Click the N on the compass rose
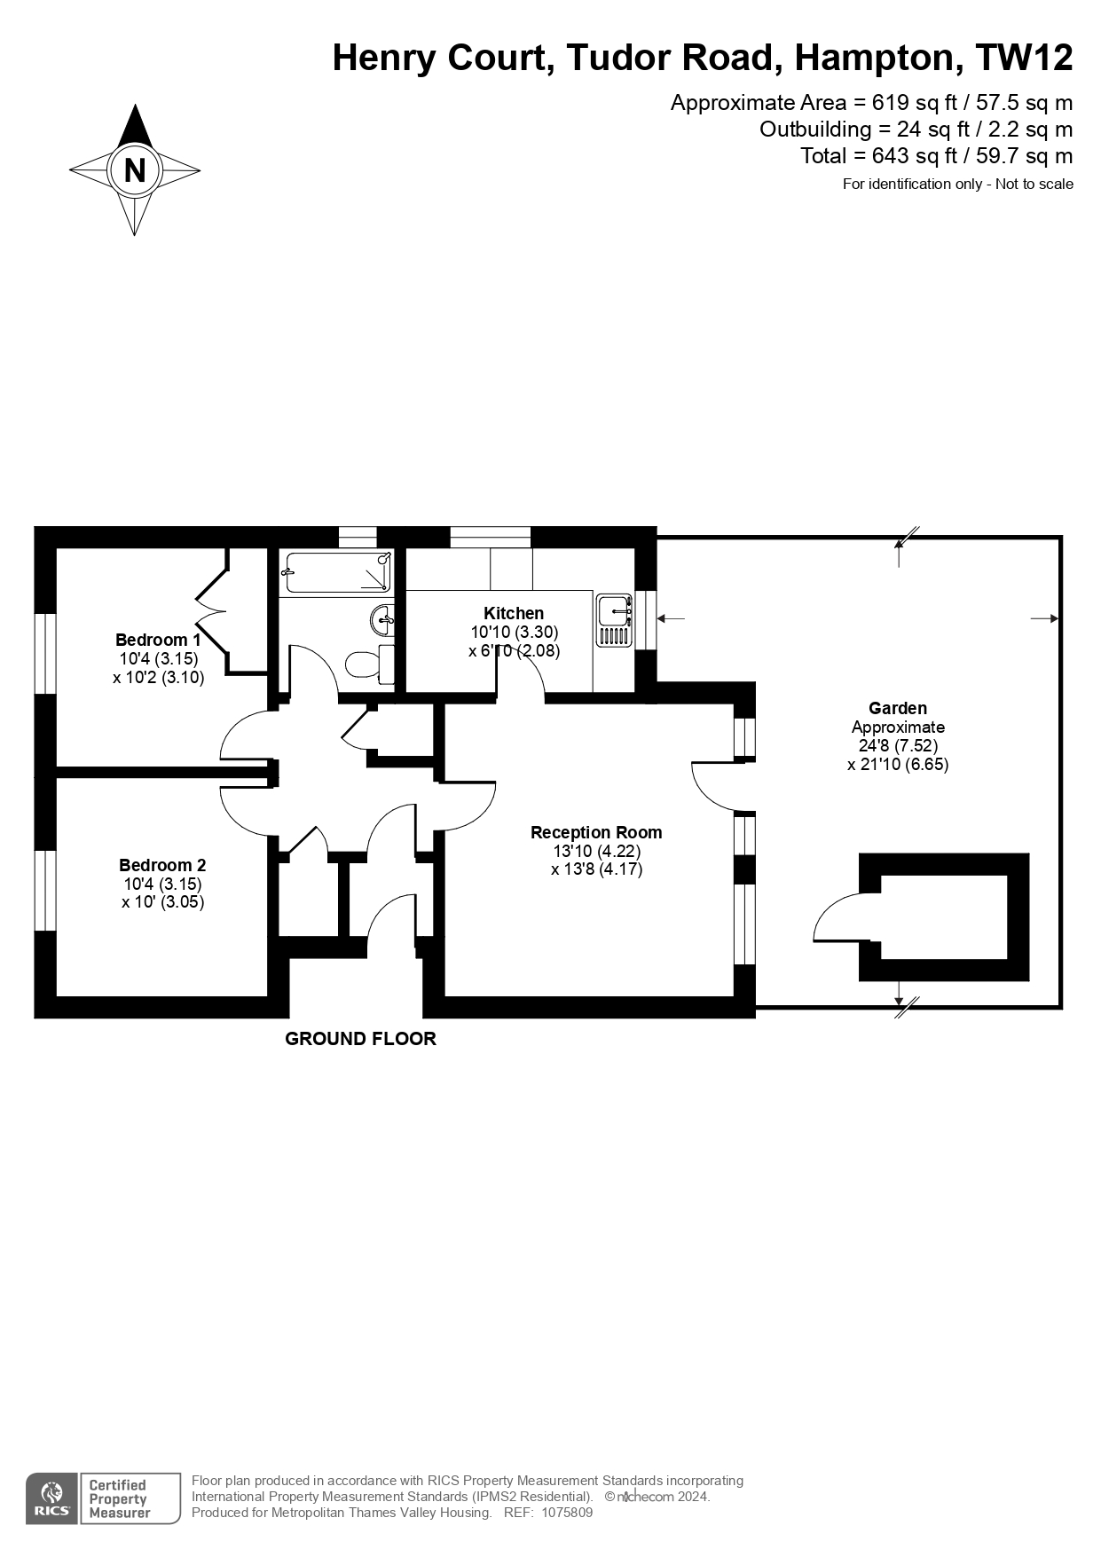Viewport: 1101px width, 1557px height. [135, 169]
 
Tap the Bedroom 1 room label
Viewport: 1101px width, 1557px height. [158, 640]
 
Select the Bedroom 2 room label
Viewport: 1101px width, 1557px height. [162, 865]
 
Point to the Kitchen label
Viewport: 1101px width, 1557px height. [514, 613]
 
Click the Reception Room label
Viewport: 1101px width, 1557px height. [596, 832]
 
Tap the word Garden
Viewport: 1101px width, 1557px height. [898, 708]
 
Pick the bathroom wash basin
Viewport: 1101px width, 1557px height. [382, 617]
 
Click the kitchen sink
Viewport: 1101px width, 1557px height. [614, 620]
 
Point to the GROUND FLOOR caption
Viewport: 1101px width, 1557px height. [360, 1039]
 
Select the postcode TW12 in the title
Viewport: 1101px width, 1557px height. [1024, 58]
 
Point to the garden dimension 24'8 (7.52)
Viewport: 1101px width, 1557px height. [898, 745]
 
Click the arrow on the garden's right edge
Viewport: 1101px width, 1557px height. [1044, 618]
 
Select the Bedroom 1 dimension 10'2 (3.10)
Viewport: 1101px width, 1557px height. [159, 677]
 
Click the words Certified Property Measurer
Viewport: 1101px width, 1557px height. [119, 1498]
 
